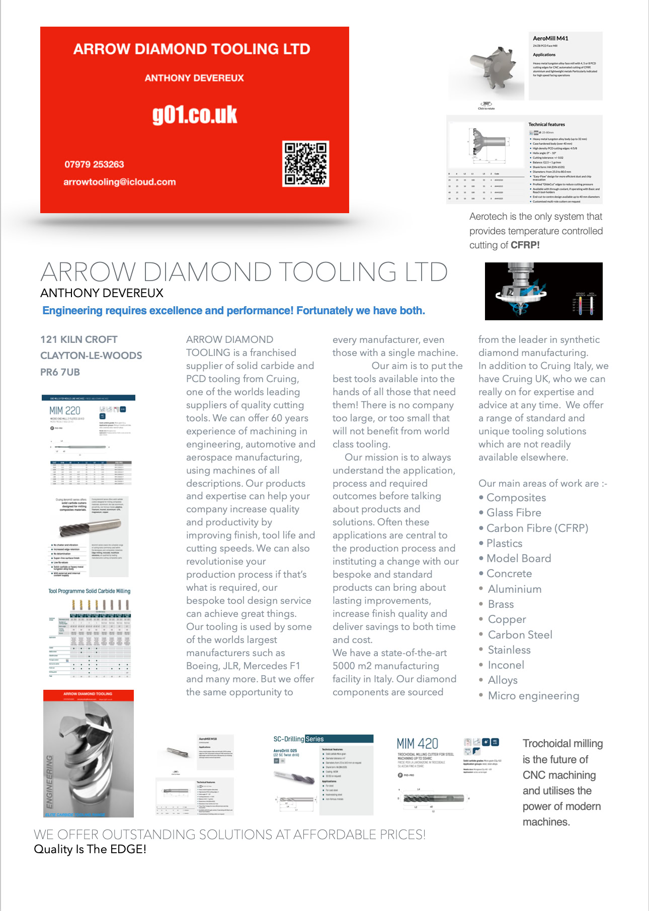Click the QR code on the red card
click(306, 164)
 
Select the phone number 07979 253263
click(94, 164)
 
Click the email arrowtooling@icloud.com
click(120, 182)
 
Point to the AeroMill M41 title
click(550, 39)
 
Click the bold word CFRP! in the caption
click(525, 245)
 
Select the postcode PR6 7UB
click(60, 373)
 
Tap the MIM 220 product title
click(65, 411)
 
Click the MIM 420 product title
click(418, 744)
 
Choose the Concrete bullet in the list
click(509, 574)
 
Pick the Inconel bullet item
click(506, 665)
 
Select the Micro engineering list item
click(533, 696)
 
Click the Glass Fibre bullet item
click(514, 513)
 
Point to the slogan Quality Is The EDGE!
click(90, 849)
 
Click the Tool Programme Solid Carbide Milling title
click(89, 591)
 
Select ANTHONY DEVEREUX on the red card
click(194, 78)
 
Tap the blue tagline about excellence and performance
click(233, 311)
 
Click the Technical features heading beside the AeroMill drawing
click(546, 125)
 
